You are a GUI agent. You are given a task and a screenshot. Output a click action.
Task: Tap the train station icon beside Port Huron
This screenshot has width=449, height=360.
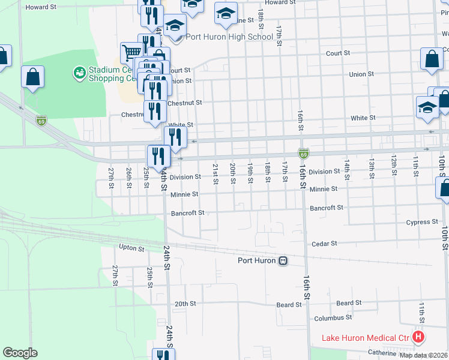pos(283,260)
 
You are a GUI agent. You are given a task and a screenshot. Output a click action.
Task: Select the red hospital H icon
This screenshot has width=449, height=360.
pos(418,338)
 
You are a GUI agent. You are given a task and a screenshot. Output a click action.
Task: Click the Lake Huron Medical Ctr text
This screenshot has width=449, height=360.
pos(365,338)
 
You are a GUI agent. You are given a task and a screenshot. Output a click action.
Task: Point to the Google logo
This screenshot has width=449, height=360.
pos(20,353)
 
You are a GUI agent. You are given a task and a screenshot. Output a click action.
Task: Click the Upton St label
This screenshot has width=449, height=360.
pos(131,248)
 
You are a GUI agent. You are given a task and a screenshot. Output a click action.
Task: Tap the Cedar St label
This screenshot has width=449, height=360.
pos(325,244)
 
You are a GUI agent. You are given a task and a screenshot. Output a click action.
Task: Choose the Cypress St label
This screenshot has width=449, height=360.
pos(421,222)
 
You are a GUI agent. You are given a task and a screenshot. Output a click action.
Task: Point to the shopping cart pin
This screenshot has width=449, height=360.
pos(130,52)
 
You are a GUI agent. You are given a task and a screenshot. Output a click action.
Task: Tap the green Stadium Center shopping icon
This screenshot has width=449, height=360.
pos(79,73)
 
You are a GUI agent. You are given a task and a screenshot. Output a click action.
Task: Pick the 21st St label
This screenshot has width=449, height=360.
pos(215,170)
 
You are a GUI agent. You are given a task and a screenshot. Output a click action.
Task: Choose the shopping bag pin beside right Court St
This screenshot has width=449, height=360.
pos(432,59)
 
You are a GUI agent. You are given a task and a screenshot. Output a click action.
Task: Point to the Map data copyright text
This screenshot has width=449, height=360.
pos(424,355)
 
